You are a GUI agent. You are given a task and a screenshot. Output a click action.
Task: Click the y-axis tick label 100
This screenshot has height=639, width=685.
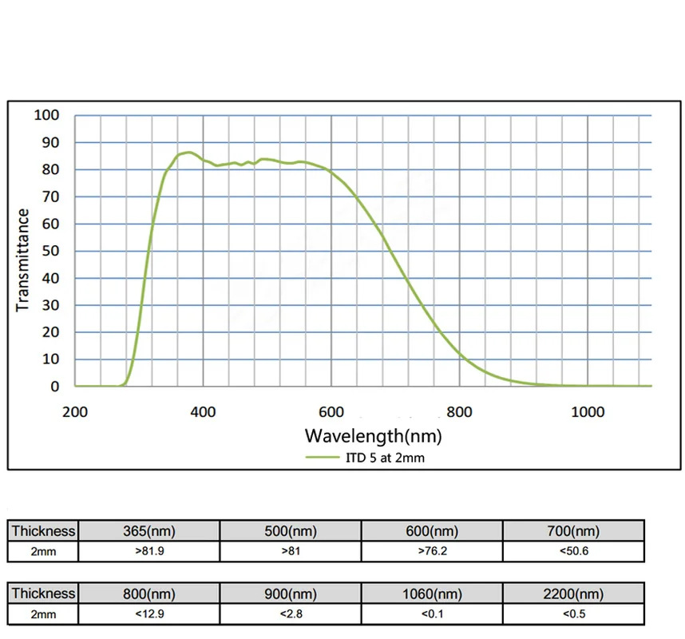click(47, 116)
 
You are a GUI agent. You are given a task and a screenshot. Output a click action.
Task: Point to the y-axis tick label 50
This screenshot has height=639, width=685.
click(50, 251)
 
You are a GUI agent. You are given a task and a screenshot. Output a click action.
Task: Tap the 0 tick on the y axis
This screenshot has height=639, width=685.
click(55, 387)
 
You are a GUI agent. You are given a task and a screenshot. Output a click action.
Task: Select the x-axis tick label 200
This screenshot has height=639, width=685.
click(75, 411)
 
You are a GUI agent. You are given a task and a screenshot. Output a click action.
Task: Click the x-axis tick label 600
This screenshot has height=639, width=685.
click(331, 411)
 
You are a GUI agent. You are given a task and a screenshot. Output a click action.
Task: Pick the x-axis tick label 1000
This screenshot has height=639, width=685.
click(588, 411)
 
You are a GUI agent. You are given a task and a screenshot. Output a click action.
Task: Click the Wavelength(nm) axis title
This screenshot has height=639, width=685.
click(372, 436)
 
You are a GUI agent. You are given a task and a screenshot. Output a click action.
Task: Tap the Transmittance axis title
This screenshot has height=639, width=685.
click(23, 260)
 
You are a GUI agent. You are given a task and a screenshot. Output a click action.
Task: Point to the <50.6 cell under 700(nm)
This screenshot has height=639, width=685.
click(573, 551)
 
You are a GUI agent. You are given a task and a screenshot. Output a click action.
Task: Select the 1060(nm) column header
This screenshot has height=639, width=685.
click(432, 593)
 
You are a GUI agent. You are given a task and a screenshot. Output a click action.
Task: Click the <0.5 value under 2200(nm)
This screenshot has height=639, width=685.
click(573, 614)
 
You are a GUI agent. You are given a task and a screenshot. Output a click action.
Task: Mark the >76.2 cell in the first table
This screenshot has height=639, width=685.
click(432, 551)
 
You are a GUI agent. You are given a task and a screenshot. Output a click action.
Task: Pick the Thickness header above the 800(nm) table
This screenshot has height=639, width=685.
click(43, 593)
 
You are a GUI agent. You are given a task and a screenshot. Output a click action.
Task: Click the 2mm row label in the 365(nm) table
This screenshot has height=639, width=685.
click(43, 551)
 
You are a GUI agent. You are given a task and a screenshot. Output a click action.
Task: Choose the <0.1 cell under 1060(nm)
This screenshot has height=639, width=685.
click(432, 614)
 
